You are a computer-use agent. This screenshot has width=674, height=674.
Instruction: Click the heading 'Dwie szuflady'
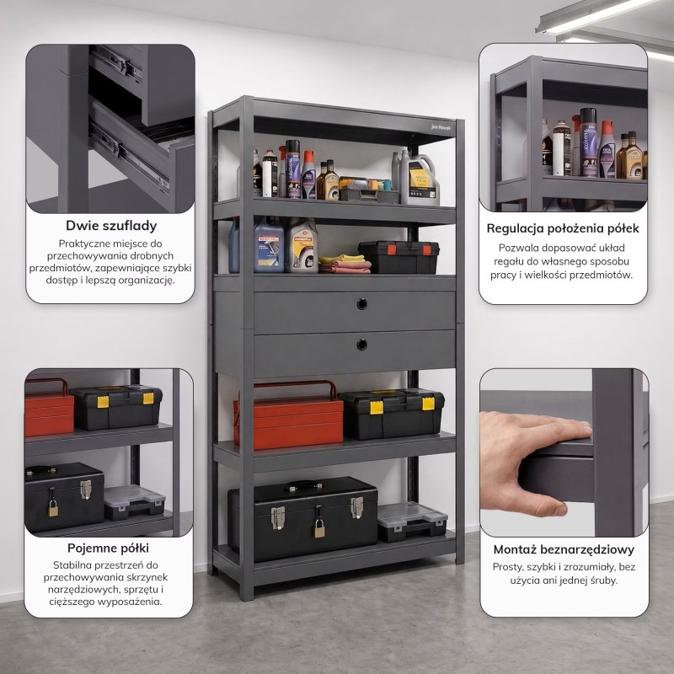(111, 226)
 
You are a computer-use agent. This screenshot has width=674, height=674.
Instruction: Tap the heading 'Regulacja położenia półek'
(563, 228)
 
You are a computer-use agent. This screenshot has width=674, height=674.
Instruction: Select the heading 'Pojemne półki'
(108, 548)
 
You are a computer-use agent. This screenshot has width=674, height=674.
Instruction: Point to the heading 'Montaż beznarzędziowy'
(564, 549)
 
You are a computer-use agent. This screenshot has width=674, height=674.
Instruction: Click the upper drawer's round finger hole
(362, 304)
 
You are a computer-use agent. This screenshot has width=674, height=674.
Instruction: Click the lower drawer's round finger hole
(362, 345)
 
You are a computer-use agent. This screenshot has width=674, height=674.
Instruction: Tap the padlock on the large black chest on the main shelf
(319, 528)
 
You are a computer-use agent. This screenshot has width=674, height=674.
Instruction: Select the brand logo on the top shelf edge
(441, 127)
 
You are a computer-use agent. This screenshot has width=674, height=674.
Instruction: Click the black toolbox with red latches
(399, 257)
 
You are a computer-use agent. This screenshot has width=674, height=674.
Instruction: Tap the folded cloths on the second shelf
(345, 264)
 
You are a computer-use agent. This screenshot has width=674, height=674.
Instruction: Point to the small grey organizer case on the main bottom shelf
(412, 522)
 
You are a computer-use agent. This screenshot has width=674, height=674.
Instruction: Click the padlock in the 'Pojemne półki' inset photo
(53, 508)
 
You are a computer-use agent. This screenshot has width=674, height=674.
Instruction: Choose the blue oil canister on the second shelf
(269, 245)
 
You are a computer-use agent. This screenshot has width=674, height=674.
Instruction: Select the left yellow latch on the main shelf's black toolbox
(377, 407)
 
